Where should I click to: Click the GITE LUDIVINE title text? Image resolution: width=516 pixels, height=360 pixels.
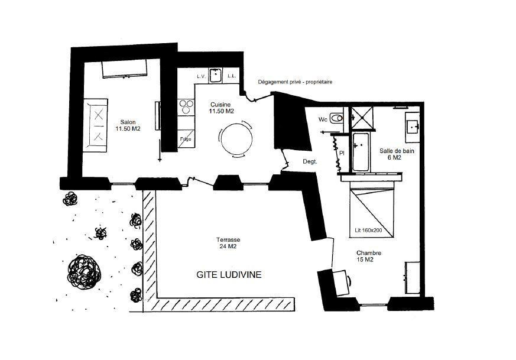(x=229, y=274)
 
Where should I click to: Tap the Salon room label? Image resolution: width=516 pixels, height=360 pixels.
(x=128, y=122)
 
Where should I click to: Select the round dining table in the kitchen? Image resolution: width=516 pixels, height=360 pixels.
(x=236, y=138)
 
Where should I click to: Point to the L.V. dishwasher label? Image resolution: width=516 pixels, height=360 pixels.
(x=202, y=76)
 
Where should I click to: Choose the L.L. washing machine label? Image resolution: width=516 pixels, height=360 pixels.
(x=232, y=76)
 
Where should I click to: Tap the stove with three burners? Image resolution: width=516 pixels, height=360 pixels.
(x=186, y=107)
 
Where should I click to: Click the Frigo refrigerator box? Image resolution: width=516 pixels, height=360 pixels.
(x=186, y=139)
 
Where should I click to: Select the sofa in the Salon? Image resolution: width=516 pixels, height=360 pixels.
(x=95, y=125)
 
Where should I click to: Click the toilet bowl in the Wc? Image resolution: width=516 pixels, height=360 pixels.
(x=336, y=118)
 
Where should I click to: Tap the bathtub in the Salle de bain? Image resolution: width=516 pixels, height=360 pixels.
(x=361, y=152)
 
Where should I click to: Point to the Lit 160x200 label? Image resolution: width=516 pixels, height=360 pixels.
(x=369, y=231)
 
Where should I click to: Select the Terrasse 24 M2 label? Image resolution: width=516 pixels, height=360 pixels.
(x=228, y=243)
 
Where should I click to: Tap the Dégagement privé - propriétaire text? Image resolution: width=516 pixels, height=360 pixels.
(x=295, y=82)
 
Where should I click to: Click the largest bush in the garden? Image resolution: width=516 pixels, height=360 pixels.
(x=85, y=272)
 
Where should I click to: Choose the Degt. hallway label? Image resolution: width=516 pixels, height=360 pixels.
(x=310, y=161)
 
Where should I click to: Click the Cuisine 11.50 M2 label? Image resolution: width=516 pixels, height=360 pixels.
(x=221, y=108)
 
